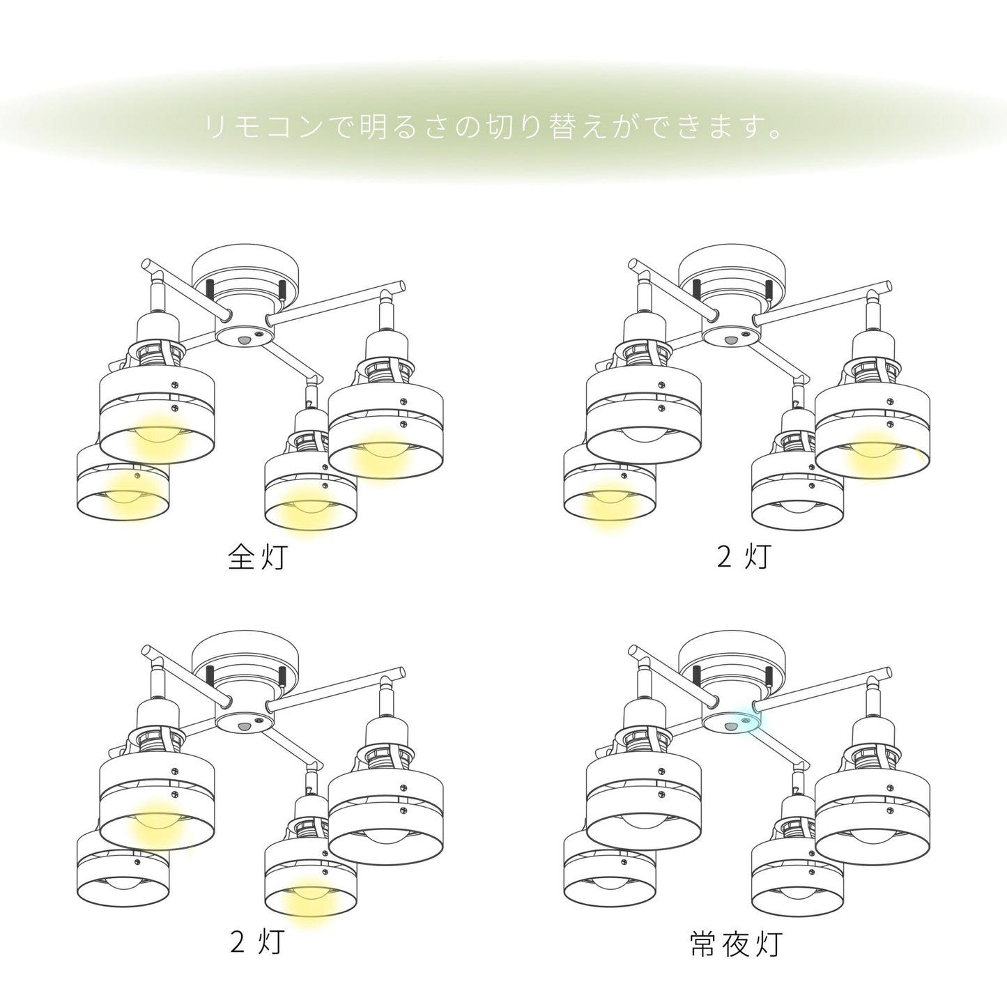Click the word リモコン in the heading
pyautogui.click(x=263, y=126)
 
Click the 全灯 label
pyautogui.click(x=257, y=558)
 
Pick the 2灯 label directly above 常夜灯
pyautogui.click(x=744, y=557)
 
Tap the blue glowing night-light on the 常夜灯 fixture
pyautogui.click(x=746, y=721)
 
